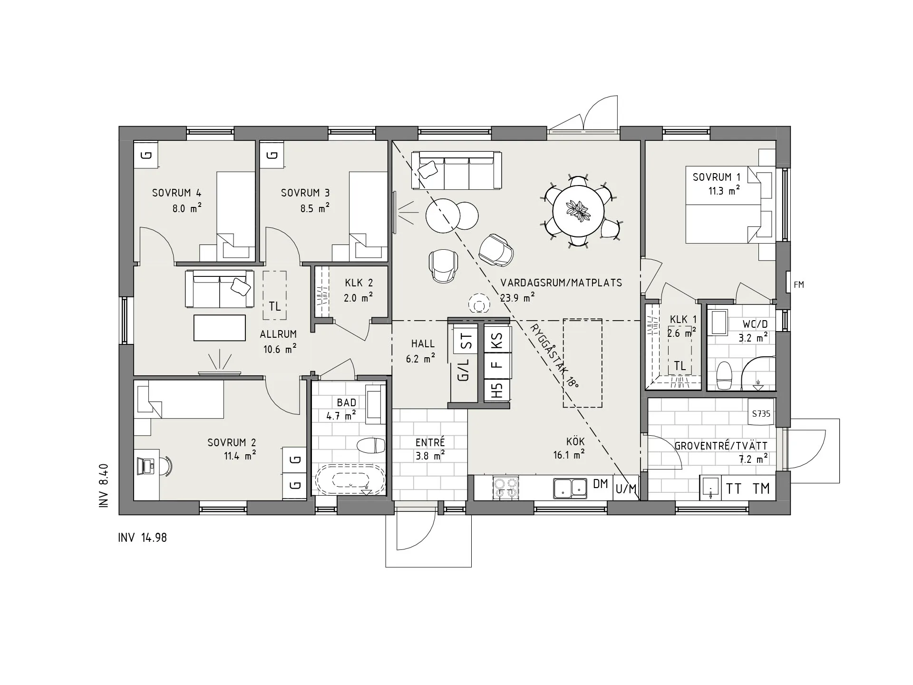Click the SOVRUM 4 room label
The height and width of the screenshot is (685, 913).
click(176, 193)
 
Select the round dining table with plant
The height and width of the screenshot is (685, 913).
click(579, 210)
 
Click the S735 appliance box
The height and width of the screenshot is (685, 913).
click(761, 414)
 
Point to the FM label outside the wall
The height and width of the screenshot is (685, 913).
click(799, 285)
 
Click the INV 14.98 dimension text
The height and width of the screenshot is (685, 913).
click(142, 538)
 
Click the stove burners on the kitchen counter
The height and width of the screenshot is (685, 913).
click(505, 488)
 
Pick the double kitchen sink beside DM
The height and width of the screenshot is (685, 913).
click(570, 488)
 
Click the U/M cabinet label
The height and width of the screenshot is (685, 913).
click(626, 489)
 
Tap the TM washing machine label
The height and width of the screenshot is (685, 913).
click(761, 489)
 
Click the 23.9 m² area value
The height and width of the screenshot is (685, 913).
click(517, 298)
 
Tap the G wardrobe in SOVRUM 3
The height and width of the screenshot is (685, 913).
click(272, 155)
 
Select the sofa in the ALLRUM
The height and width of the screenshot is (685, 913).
click(219, 289)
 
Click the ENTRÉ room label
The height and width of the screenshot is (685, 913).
click(430, 442)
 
